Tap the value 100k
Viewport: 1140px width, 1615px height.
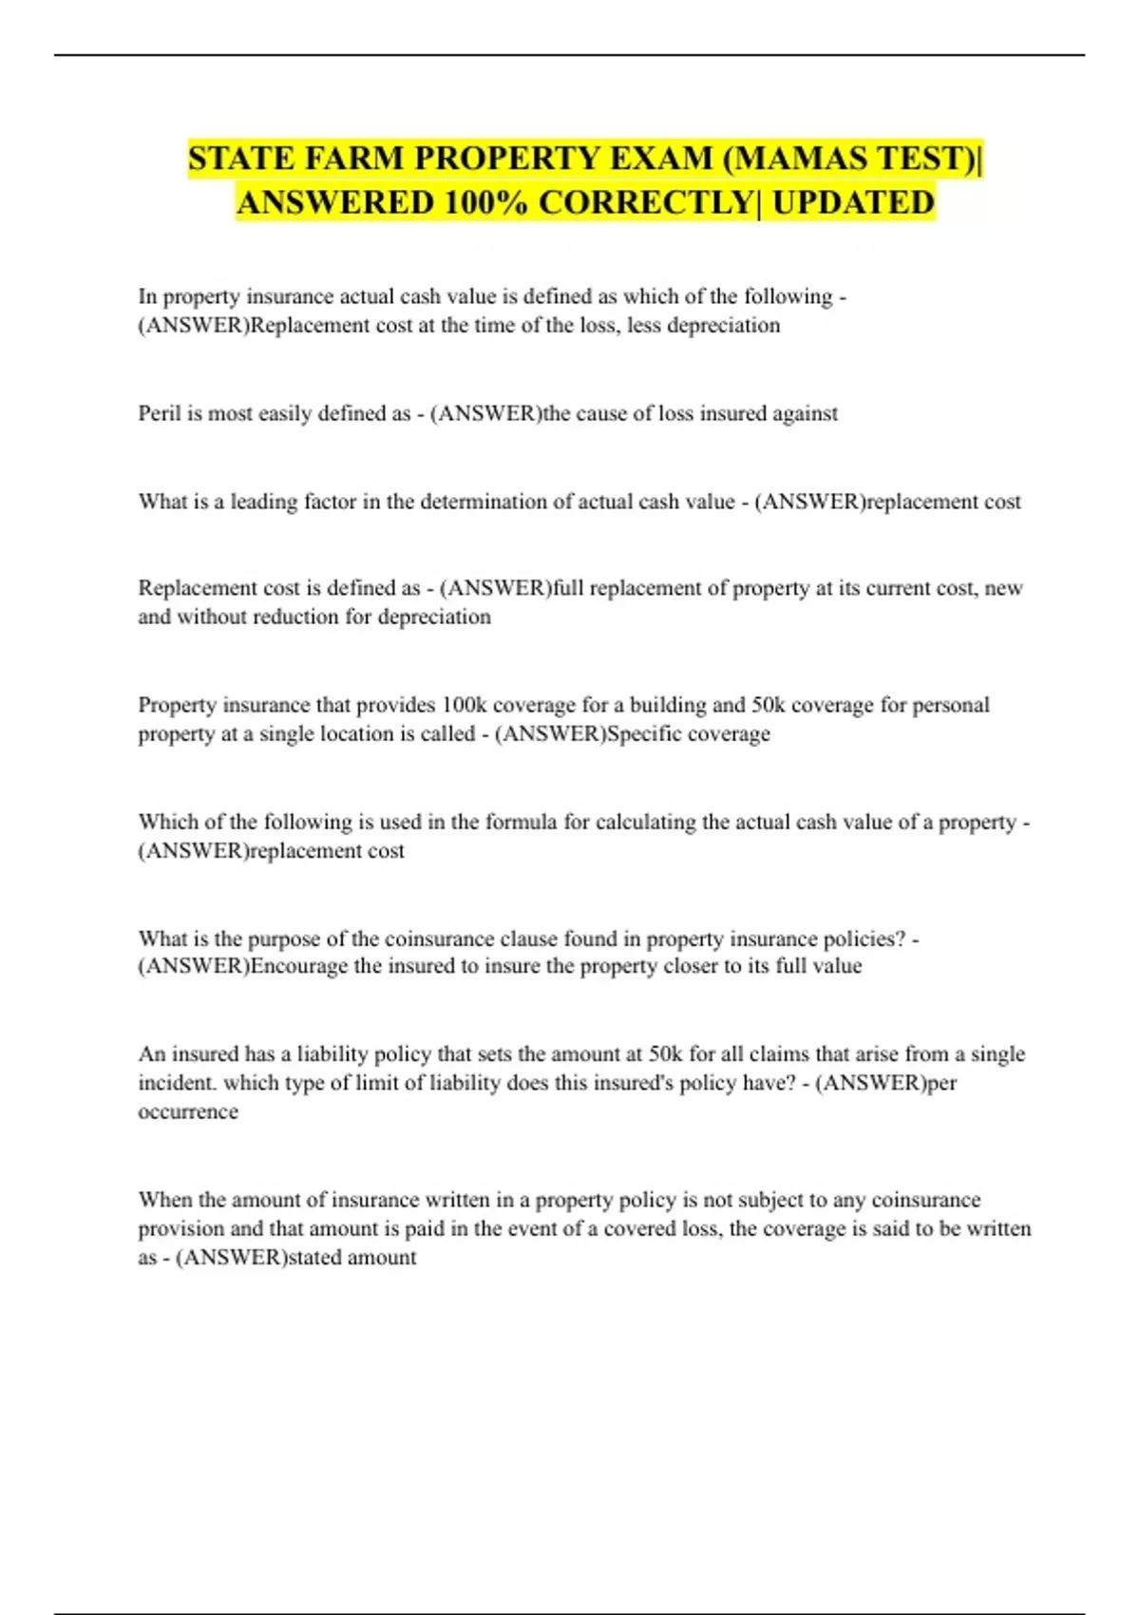pyautogui.click(x=463, y=705)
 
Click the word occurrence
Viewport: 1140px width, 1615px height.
pyautogui.click(x=188, y=1111)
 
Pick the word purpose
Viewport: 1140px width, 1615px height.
pyautogui.click(x=284, y=939)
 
